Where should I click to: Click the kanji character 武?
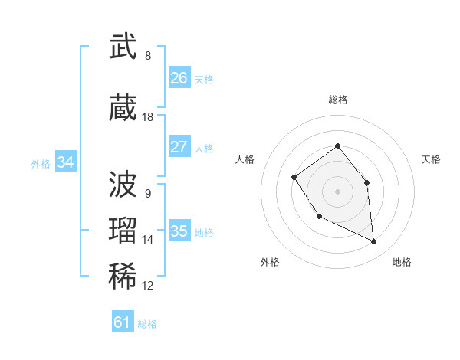click(x=123, y=47)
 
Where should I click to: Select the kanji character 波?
click(x=123, y=185)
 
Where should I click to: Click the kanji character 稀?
click(x=123, y=277)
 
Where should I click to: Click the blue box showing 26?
click(x=179, y=78)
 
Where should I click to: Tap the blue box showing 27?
click(x=179, y=147)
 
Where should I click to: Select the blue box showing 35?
click(x=179, y=231)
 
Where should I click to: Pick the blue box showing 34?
click(x=66, y=162)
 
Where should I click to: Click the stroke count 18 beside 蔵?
click(x=148, y=117)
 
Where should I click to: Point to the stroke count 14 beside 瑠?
click(x=148, y=240)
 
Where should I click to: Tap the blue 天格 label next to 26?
click(x=204, y=80)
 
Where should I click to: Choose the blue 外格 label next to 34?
click(x=41, y=164)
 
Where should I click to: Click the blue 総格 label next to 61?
click(x=147, y=324)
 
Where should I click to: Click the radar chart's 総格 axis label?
click(x=337, y=100)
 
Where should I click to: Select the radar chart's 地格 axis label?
click(x=402, y=262)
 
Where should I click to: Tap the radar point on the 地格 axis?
click(x=374, y=242)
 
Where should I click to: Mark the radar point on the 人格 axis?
click(x=294, y=178)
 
